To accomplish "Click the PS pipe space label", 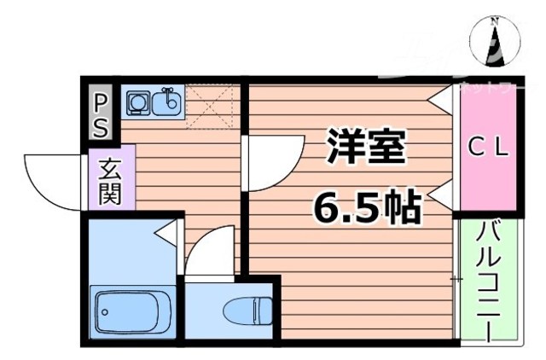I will tap(101, 115).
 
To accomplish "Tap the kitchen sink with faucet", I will tap(166, 104).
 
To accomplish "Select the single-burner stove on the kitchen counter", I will tap(137, 104).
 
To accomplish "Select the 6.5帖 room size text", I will tap(366, 206).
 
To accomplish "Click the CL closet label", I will tap(490, 147).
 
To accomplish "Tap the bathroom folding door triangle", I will tap(168, 230).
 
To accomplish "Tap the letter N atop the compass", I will tap(495, 20).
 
